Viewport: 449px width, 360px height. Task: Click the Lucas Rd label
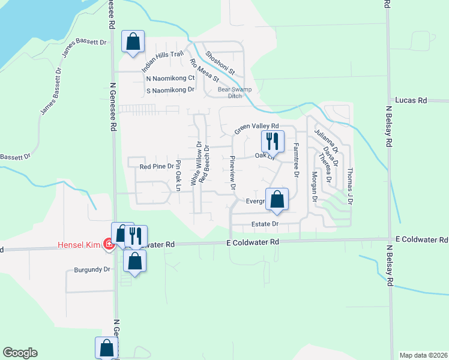pos(410,101)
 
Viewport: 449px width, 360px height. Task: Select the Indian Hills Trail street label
pos(162,62)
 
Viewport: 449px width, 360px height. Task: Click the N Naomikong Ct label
pos(170,78)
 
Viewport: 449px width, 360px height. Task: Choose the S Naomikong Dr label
pos(170,90)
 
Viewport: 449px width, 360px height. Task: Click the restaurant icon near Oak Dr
pos(273,141)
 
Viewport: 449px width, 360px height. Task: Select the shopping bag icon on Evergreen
pos(277,199)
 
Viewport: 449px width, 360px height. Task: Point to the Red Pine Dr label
pos(156,166)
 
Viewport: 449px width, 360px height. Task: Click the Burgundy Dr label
pos(93,269)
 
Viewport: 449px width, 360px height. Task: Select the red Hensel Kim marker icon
pos(109,244)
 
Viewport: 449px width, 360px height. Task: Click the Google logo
pos(20,353)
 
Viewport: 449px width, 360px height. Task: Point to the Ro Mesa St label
pos(204,70)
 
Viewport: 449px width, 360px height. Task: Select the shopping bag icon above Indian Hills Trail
pos(133,42)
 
